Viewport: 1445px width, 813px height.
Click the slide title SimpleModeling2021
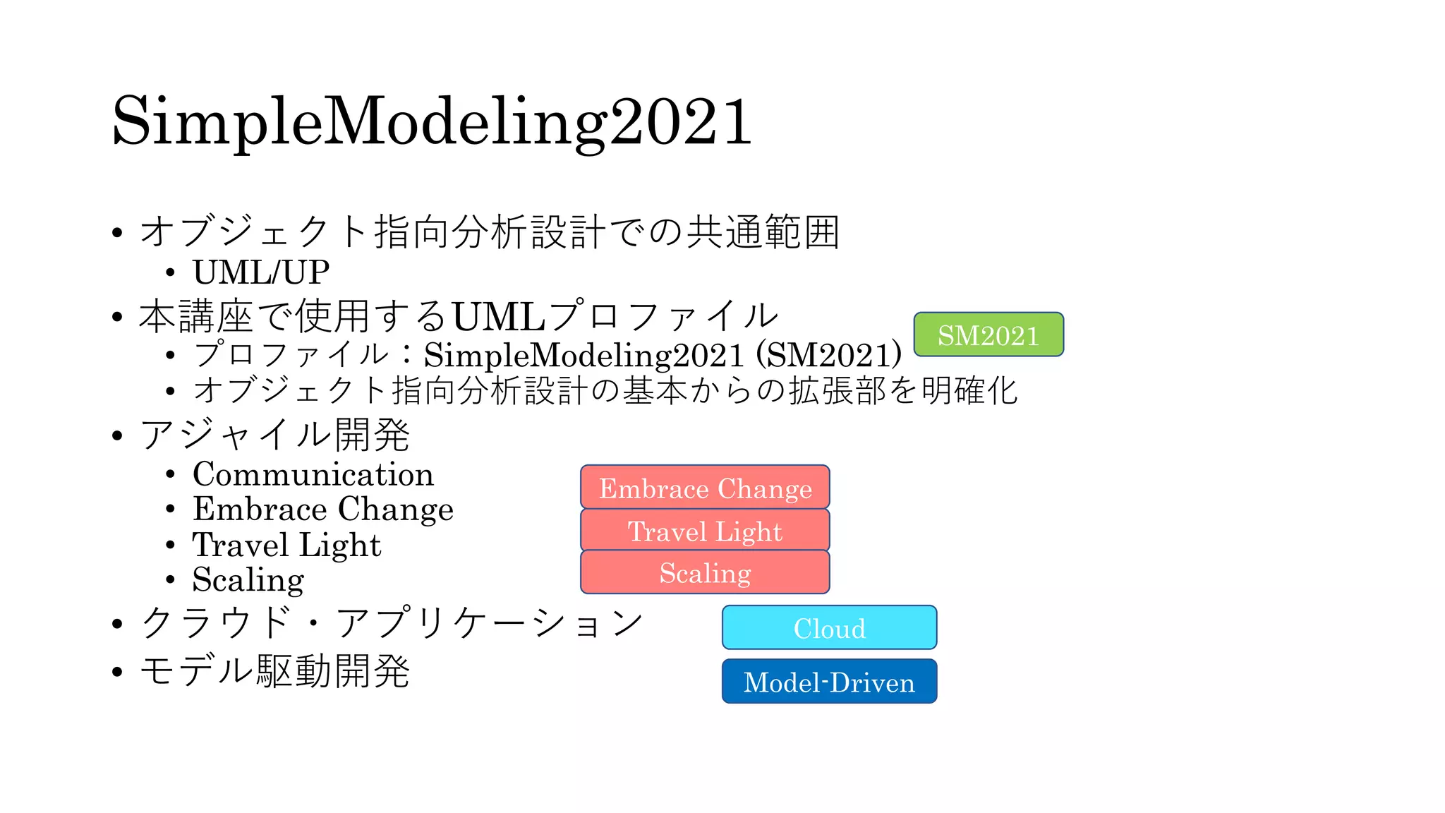[x=432, y=121]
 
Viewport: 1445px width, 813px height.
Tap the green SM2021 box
[x=988, y=335]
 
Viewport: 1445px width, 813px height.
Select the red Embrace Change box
[x=705, y=488]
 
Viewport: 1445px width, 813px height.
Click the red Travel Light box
[x=705, y=530]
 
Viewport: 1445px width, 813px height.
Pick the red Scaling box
[x=705, y=572]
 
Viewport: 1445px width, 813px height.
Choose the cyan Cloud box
[x=829, y=627]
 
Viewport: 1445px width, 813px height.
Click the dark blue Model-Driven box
[x=829, y=682]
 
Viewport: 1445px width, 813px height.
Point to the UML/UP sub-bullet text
[x=261, y=272]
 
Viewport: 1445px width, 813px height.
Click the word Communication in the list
[x=313, y=474]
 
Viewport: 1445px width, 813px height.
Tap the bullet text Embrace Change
[x=323, y=509]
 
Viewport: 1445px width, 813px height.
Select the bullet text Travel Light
[x=286, y=544]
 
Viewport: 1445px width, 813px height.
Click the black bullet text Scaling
[x=248, y=579]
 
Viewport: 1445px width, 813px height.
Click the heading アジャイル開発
[x=275, y=434]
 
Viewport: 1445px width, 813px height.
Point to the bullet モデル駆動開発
[x=275, y=670]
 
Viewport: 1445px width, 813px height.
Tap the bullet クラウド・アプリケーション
[x=392, y=622]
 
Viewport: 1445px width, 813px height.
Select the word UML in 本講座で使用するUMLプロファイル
[x=498, y=316]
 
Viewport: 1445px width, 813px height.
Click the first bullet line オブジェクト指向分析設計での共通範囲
[x=489, y=231]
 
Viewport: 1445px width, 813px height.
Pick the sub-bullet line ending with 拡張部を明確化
[x=605, y=390]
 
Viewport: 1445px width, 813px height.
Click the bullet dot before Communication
[x=170, y=474]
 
